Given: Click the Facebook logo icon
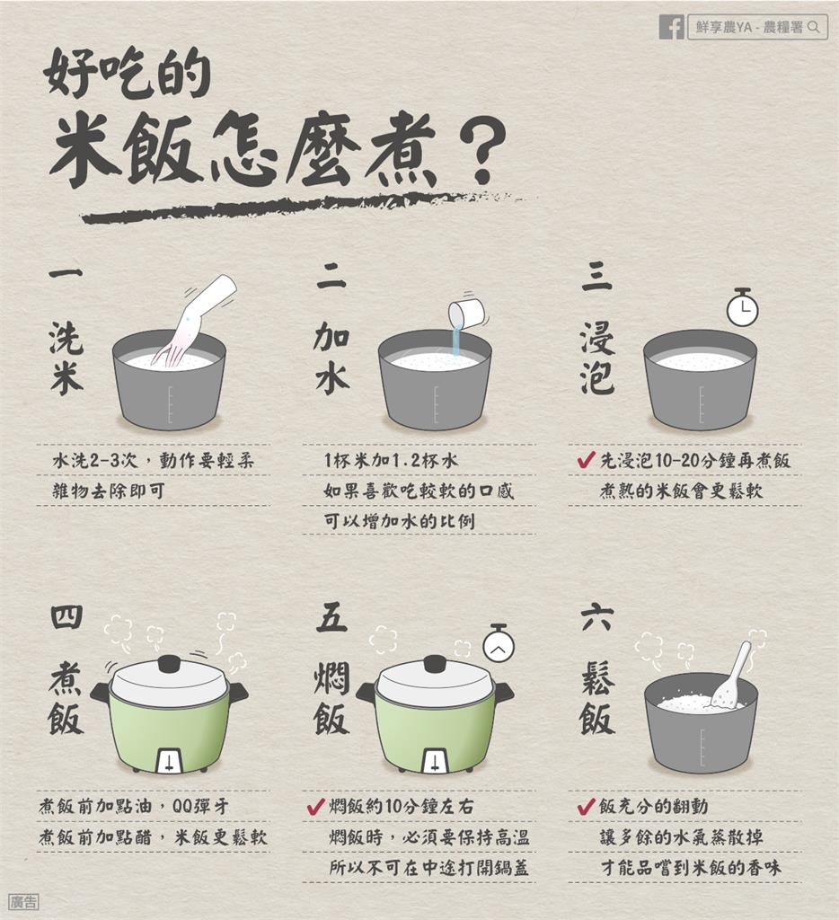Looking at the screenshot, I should (x=671, y=27).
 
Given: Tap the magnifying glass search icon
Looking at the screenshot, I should (x=813, y=28).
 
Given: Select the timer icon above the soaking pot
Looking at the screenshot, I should (x=742, y=308).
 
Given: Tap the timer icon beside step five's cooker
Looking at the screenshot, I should (x=499, y=643).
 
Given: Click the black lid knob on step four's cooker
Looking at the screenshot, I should (x=169, y=664).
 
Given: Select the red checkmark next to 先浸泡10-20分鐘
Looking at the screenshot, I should (x=586, y=461).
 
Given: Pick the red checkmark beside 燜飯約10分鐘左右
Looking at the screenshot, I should (x=315, y=807).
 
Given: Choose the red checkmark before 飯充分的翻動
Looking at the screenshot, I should (x=586, y=807).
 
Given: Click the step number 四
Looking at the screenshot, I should (x=66, y=616).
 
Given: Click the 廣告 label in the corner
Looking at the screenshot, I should (x=23, y=902).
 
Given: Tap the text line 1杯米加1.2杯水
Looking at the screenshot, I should (x=391, y=461).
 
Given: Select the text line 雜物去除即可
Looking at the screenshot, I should (x=109, y=491).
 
